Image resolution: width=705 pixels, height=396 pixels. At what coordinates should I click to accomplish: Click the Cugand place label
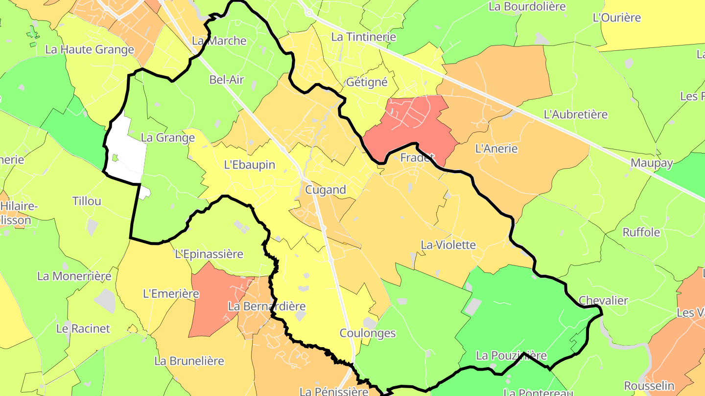point(325,190)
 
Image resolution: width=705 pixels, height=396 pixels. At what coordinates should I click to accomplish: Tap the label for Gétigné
point(367,82)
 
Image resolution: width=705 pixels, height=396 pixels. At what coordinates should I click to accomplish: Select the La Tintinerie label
point(363,37)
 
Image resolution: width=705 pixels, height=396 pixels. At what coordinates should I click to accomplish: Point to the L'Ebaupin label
point(250,165)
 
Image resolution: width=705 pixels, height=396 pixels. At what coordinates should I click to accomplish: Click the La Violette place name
point(448,244)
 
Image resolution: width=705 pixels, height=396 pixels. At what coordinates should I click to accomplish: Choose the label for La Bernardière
point(267,307)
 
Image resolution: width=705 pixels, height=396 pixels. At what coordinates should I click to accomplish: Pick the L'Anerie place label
point(496,149)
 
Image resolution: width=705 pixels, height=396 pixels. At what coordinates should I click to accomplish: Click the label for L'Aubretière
point(576,114)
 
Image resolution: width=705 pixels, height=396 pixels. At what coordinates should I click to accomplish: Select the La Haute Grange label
point(90,49)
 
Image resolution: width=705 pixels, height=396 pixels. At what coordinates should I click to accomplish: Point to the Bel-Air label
point(226,80)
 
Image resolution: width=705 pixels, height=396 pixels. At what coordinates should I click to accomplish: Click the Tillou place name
point(87,201)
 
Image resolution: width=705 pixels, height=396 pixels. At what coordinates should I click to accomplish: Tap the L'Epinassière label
point(209,254)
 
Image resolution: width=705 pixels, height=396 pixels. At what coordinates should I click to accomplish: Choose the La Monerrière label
point(74,276)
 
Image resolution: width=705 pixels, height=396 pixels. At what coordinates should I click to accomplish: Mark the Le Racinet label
point(83,329)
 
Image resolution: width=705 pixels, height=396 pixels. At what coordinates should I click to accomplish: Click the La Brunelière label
point(189,361)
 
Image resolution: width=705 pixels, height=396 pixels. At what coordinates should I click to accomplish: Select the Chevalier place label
point(603,300)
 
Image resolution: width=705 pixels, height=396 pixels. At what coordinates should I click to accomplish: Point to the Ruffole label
point(641,232)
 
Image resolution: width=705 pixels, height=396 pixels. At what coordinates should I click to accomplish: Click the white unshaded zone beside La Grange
point(125,156)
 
